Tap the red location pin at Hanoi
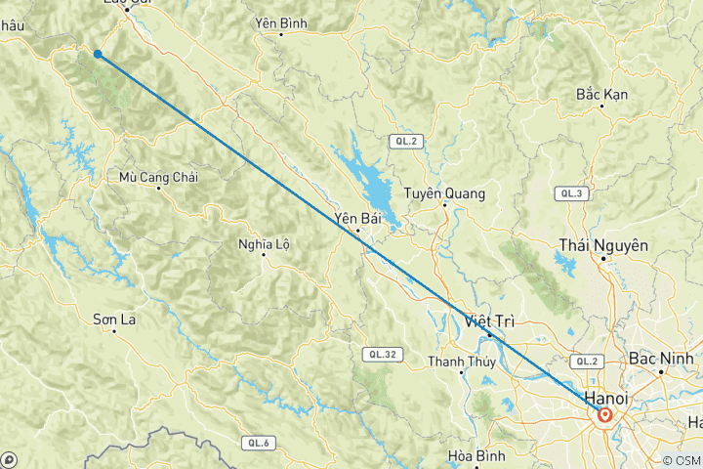tap(605, 415)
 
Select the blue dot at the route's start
tap(98, 54)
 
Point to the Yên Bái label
tap(355, 217)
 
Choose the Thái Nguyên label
tap(603, 245)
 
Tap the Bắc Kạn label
tap(602, 94)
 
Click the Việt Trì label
tap(489, 320)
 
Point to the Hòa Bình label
tap(473, 455)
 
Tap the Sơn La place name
tap(113, 319)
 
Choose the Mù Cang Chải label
tap(158, 177)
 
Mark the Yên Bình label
tap(281, 21)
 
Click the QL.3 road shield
tap(570, 194)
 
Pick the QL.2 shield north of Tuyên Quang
tap(405, 142)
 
